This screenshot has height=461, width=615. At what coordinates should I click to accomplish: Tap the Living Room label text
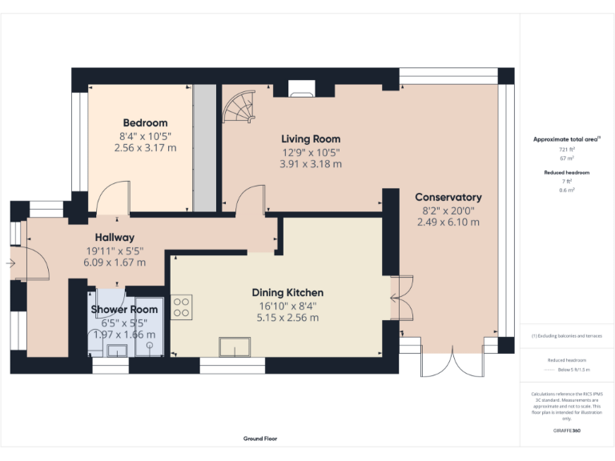click(x=310, y=138)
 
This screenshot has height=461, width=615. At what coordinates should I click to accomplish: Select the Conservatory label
click(x=448, y=197)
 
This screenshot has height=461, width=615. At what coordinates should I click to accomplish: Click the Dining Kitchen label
click(x=287, y=292)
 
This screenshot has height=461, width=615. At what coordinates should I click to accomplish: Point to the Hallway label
click(x=115, y=237)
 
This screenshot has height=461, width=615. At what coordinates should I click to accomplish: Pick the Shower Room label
click(x=124, y=309)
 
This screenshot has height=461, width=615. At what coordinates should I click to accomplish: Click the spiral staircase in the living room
click(x=239, y=107)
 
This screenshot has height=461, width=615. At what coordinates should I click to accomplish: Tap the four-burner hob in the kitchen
click(x=181, y=307)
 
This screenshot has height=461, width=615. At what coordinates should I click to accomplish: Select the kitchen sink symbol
click(x=235, y=347)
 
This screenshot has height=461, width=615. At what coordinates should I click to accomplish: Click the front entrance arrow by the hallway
click(x=11, y=263)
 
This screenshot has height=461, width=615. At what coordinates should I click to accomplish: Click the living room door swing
click(x=251, y=199)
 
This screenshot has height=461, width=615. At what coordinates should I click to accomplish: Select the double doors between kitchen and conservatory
click(x=401, y=297)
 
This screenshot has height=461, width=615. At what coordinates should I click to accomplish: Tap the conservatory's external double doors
click(x=442, y=363)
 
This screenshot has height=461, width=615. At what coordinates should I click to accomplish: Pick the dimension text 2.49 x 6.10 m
click(x=448, y=222)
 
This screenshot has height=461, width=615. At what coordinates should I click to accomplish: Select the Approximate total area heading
click(x=567, y=139)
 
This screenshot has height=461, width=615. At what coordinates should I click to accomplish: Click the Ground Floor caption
click(x=260, y=439)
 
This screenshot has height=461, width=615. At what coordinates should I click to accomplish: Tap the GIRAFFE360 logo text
click(x=566, y=431)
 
